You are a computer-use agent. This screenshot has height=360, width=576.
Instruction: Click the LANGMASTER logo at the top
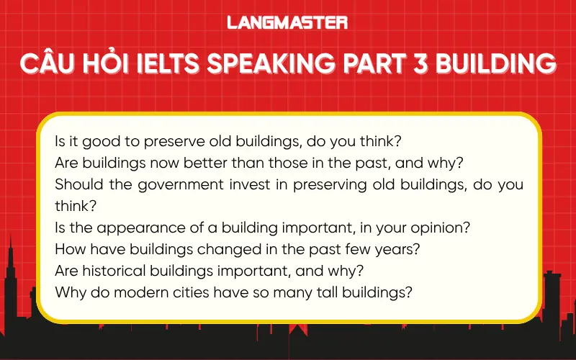tap(287, 23)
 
